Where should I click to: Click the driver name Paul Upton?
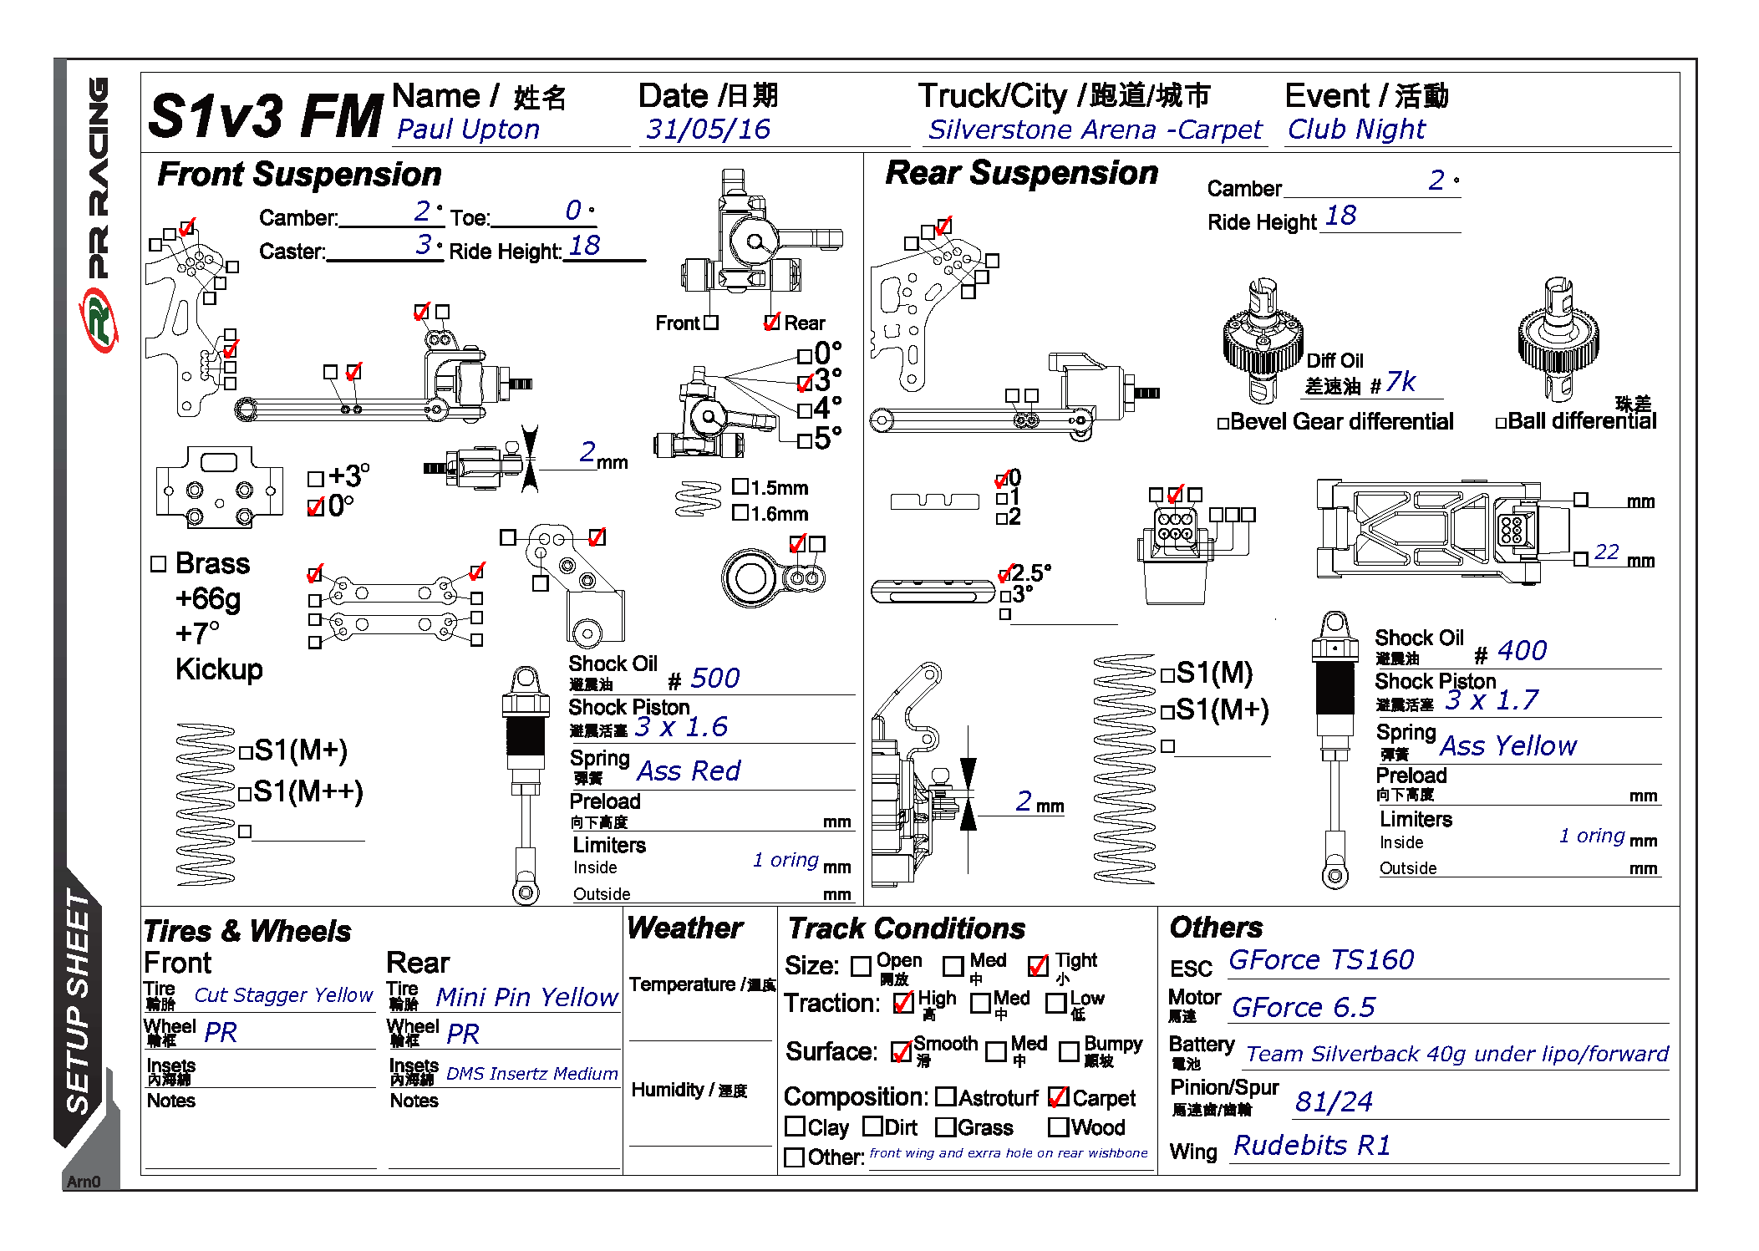tap(468, 130)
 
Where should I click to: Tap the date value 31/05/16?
tap(708, 130)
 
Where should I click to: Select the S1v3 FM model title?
tap(265, 115)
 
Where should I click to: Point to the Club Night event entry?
tap(1355, 130)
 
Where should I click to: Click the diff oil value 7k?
tap(1401, 383)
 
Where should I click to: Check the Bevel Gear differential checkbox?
tap(1223, 424)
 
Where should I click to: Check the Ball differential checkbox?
tap(1501, 423)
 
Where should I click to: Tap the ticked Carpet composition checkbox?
tap(1059, 1096)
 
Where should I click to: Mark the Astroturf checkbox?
tap(946, 1096)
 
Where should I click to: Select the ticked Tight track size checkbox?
tap(1038, 966)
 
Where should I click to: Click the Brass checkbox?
tap(159, 564)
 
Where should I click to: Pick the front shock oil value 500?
tap(714, 678)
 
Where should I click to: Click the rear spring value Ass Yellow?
tap(1507, 745)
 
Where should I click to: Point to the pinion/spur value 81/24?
tap(1334, 1102)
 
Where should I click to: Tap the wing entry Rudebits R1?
tap(1312, 1145)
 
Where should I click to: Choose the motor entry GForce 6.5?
tap(1303, 1008)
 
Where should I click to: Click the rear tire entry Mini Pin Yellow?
tap(526, 997)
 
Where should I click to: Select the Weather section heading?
tap(684, 928)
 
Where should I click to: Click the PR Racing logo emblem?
tap(99, 319)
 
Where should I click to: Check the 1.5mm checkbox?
tap(740, 486)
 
